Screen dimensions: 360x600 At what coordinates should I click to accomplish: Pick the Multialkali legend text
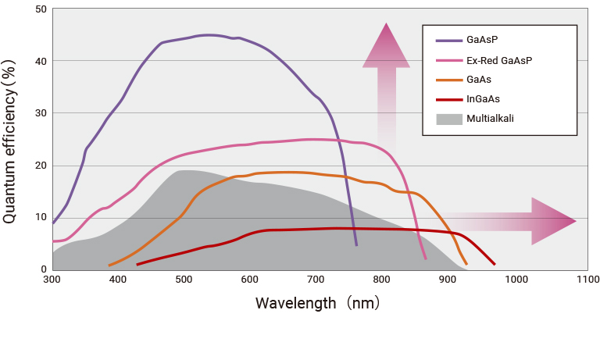tap(490, 119)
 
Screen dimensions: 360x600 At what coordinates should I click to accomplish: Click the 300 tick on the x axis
tap(52, 279)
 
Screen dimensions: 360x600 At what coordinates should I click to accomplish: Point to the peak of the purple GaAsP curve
tap(209, 35)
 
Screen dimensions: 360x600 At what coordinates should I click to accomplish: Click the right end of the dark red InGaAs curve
tap(495, 265)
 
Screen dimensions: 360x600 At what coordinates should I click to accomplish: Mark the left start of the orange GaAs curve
tap(109, 266)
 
